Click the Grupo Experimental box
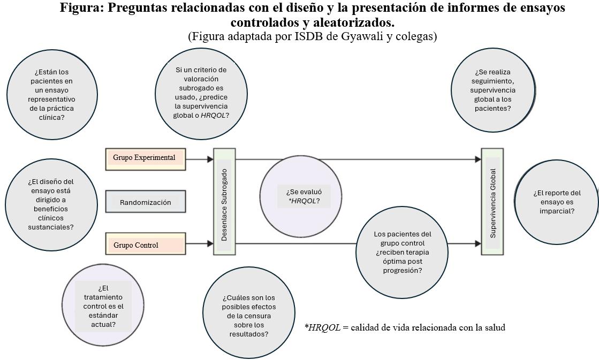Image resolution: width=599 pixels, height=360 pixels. [x=145, y=159]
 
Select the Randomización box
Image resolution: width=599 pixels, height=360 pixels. [x=145, y=202]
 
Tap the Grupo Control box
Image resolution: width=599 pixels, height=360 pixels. [x=145, y=244]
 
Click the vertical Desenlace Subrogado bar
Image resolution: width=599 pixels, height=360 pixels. [x=224, y=202]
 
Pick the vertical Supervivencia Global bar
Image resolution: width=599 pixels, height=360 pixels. [x=492, y=202]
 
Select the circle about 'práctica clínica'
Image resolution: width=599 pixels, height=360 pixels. [x=51, y=95]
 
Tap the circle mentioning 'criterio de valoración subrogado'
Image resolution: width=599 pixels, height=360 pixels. [x=201, y=92]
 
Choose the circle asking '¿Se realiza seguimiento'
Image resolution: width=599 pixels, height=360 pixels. [x=492, y=90]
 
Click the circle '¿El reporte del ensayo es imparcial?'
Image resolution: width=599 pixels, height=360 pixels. [x=557, y=202]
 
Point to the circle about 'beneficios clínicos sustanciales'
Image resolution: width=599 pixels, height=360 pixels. [x=51, y=204]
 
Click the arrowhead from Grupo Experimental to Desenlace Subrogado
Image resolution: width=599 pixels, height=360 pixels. [x=210, y=159]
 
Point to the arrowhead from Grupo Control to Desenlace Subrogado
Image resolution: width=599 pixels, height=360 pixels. [x=210, y=244]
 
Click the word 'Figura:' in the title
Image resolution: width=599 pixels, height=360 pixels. [x=82, y=8]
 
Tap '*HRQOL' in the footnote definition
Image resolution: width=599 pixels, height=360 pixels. [x=322, y=327]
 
